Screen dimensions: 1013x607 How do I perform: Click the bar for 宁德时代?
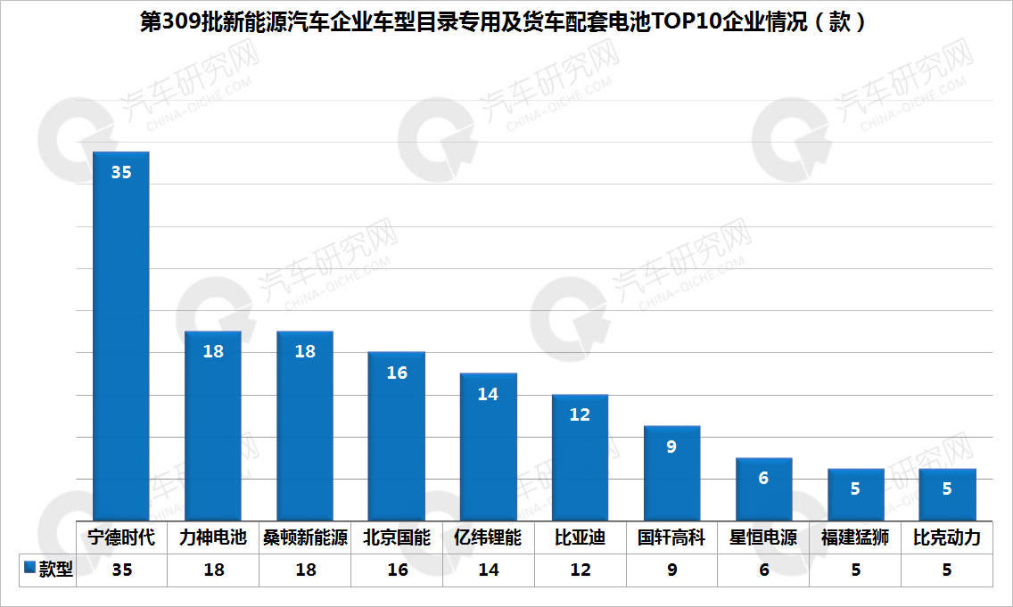120,336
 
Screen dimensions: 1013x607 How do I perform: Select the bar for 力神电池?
212,425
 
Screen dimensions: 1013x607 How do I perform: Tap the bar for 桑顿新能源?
305,425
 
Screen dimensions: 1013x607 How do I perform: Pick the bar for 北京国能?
397,436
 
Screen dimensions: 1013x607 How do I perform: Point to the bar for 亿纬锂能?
489,447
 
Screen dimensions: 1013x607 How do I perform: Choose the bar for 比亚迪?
581,457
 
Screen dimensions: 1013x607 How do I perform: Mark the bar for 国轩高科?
671,473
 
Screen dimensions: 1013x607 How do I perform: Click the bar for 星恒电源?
763,488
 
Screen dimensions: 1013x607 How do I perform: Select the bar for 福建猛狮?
856,495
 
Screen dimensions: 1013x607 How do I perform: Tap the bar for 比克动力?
948,495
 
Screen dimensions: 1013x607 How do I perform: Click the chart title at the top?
503,22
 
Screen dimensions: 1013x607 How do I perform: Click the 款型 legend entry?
48,569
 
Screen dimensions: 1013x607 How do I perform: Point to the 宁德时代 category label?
121,537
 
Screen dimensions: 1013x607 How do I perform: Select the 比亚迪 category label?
581,537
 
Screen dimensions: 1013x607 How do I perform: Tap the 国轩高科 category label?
671,537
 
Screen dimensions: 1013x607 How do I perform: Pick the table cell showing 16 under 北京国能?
398,570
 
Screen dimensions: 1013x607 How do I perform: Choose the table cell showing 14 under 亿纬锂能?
489,570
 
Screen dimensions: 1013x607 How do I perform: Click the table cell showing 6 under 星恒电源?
764,570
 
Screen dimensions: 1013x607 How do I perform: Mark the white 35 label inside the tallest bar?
121,172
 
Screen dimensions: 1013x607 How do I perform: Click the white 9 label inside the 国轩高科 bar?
671,447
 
